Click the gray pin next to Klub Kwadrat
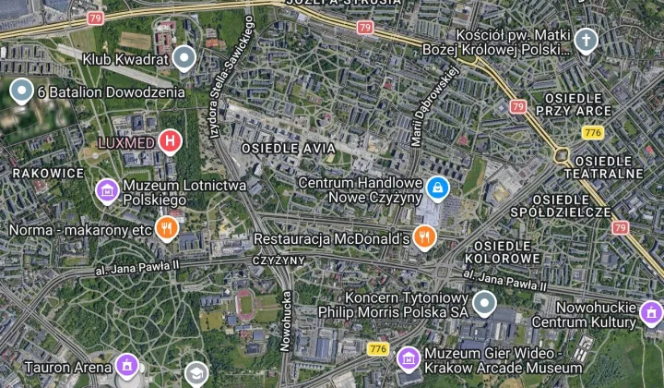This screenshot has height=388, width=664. point(184,58)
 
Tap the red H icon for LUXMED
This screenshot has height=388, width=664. point(170,141)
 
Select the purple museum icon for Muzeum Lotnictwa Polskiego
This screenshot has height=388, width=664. point(108,191)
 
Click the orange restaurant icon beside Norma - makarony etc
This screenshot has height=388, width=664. point(166,228)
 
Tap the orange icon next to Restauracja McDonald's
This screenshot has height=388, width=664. point(424,237)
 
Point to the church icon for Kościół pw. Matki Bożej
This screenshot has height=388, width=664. point(586,41)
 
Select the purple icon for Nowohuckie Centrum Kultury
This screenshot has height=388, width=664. point(651,313)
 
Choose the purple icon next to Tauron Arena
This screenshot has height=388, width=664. point(127,366)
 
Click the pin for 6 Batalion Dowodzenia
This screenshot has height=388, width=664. point(21,91)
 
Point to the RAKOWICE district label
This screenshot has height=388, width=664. point(48,173)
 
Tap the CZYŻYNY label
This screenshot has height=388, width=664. point(279,261)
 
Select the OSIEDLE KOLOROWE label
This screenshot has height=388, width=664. point(503,252)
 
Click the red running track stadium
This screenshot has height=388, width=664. point(246,302)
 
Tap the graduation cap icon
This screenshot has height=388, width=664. point(196,374)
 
